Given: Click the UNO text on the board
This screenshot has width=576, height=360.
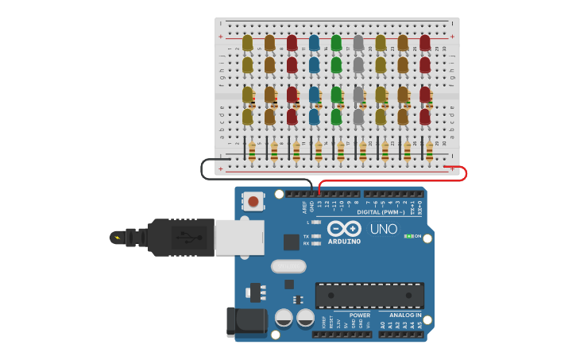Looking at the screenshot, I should pyautogui.click(x=385, y=229).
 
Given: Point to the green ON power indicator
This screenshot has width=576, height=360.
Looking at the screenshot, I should pyautogui.click(x=412, y=236).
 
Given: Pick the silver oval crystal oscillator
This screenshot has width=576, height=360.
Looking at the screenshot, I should pyautogui.click(x=288, y=266).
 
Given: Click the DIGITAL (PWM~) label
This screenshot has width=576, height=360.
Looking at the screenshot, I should pyautogui.click(x=380, y=212).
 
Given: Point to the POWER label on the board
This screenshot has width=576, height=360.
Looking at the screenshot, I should pyautogui.click(x=359, y=315).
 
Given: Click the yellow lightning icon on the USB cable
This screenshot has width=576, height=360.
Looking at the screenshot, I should pyautogui.click(x=118, y=237).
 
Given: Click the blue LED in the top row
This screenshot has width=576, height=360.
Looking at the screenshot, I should pyautogui.click(x=314, y=42).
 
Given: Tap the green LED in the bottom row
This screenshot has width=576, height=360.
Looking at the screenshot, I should pyautogui.click(x=336, y=116).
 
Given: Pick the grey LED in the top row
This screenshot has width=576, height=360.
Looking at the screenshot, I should pyautogui.click(x=358, y=42).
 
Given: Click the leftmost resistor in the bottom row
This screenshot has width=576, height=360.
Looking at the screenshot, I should pyautogui.click(x=252, y=150).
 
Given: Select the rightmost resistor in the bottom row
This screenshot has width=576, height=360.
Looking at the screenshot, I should pyautogui.click(x=429, y=150).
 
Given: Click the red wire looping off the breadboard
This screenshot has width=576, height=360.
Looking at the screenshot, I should pyautogui.click(x=464, y=173).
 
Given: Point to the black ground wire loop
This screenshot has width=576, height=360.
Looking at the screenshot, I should pyautogui.click(x=204, y=168).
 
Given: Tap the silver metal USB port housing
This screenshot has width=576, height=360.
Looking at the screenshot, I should pyautogui.click(x=239, y=237).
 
